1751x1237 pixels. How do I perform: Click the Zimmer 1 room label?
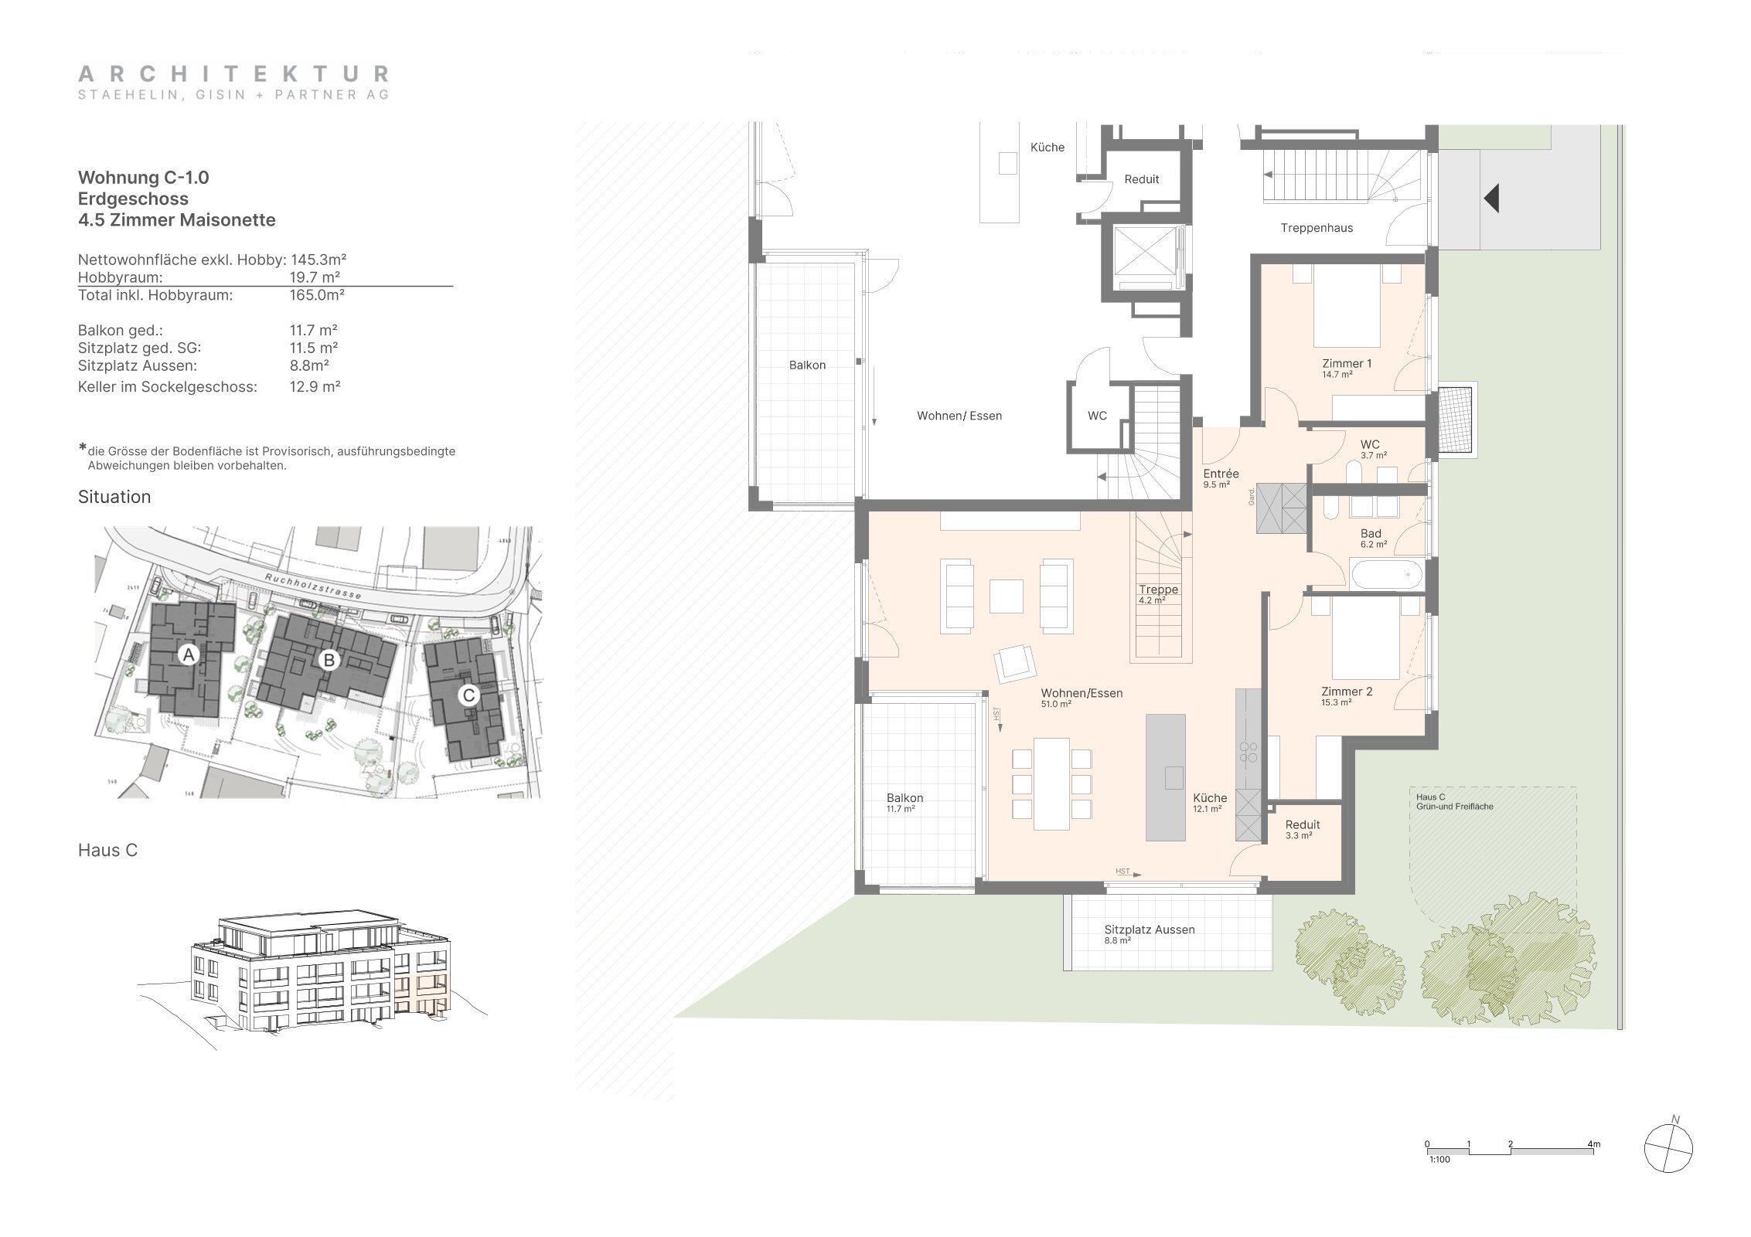[x=1347, y=364]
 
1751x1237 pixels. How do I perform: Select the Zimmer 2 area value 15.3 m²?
[x=1336, y=703]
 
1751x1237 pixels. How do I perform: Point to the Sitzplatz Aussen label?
[x=1150, y=929]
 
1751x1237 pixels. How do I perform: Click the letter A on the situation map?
[x=188, y=655]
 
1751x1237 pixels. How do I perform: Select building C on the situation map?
[x=468, y=695]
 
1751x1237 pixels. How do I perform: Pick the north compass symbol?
[x=1668, y=1169]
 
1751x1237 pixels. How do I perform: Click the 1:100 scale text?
[x=1439, y=1181]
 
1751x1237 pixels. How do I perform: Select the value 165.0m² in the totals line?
[x=317, y=295]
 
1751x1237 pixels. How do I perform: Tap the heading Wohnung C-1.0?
[x=144, y=178]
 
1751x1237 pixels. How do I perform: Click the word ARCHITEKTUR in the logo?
[x=233, y=74]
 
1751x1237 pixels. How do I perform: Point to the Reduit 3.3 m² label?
[x=1303, y=829]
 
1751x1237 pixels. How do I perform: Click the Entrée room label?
[x=1221, y=474]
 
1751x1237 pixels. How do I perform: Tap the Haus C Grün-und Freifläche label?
[x=1443, y=801]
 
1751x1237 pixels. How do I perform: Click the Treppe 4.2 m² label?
[x=1158, y=593]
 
